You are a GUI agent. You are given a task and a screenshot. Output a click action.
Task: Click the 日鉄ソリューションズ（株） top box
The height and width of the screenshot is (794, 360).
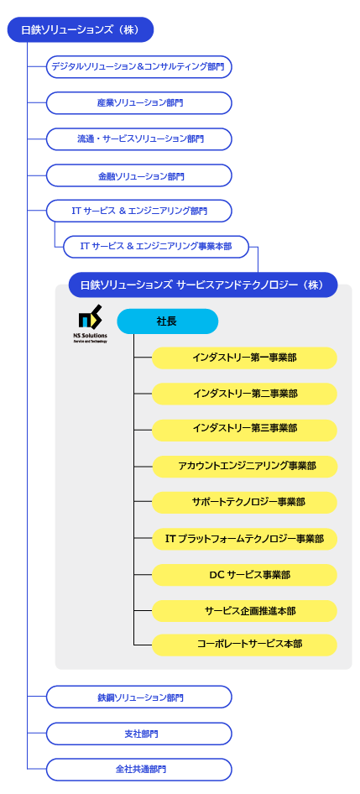click(80, 30)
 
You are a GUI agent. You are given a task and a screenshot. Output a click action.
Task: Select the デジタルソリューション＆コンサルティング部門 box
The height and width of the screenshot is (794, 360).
click(138, 67)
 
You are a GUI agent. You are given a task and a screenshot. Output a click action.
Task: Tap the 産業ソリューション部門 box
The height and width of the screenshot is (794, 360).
click(138, 102)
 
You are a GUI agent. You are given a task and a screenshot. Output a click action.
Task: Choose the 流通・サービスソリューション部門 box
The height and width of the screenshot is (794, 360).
click(138, 139)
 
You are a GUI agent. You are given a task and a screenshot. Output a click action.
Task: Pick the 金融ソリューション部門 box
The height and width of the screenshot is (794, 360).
click(138, 175)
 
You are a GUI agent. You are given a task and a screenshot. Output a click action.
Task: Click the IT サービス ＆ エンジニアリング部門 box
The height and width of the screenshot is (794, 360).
click(138, 212)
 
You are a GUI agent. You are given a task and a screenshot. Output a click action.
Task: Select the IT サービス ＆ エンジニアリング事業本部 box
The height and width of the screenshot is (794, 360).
click(156, 247)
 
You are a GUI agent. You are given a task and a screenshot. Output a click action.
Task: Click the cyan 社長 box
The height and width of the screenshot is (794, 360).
click(168, 321)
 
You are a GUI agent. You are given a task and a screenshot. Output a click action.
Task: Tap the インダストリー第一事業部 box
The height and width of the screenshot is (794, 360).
click(244, 358)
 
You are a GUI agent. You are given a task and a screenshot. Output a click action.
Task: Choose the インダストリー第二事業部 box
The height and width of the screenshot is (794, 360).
click(244, 394)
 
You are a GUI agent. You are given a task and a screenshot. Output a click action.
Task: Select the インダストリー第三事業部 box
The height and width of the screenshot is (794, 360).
click(244, 430)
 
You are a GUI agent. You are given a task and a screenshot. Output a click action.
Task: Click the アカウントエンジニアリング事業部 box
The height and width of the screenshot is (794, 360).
click(244, 467)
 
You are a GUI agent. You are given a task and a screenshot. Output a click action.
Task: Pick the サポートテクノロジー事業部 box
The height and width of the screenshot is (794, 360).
click(244, 502)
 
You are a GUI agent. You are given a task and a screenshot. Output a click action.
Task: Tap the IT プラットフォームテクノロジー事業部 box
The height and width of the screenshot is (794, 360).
click(244, 539)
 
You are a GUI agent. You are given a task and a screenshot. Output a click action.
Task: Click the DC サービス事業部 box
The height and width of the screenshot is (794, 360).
click(244, 575)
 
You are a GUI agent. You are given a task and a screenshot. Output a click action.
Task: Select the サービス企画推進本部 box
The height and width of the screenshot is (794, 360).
click(244, 611)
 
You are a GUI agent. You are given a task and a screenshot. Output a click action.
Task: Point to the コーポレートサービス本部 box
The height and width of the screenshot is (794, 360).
click(244, 645)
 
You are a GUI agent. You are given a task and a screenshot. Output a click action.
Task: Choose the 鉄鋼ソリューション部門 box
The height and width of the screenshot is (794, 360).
click(138, 697)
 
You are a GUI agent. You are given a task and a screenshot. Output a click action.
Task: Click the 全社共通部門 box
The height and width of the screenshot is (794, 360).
click(138, 769)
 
